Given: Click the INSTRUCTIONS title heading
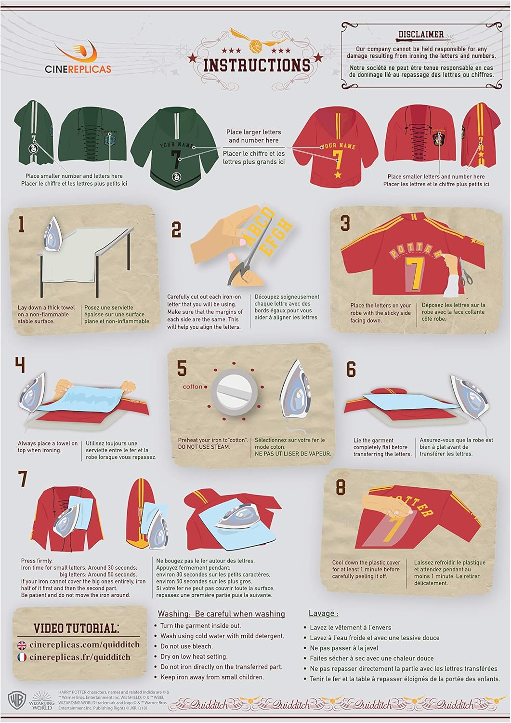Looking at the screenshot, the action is pyautogui.click(x=257, y=65).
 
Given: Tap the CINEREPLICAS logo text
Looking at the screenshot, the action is pyautogui.click(x=78, y=69).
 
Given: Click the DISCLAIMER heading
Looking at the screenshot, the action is pyautogui.click(x=420, y=34).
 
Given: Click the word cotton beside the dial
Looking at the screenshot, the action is pyautogui.click(x=192, y=387).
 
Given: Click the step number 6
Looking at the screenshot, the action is pyautogui.click(x=351, y=369).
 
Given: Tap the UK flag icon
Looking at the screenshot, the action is pyautogui.click(x=22, y=645).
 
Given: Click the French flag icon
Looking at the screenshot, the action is pyautogui.click(x=22, y=657).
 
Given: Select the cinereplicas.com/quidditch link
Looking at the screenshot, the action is pyautogui.click(x=84, y=645).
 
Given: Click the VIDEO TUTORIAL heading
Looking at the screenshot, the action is pyautogui.click(x=77, y=629).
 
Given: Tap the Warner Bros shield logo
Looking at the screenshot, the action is pyautogui.click(x=17, y=700).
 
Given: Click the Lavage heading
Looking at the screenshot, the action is pyautogui.click(x=323, y=614).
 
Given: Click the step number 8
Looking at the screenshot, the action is pyautogui.click(x=341, y=487).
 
